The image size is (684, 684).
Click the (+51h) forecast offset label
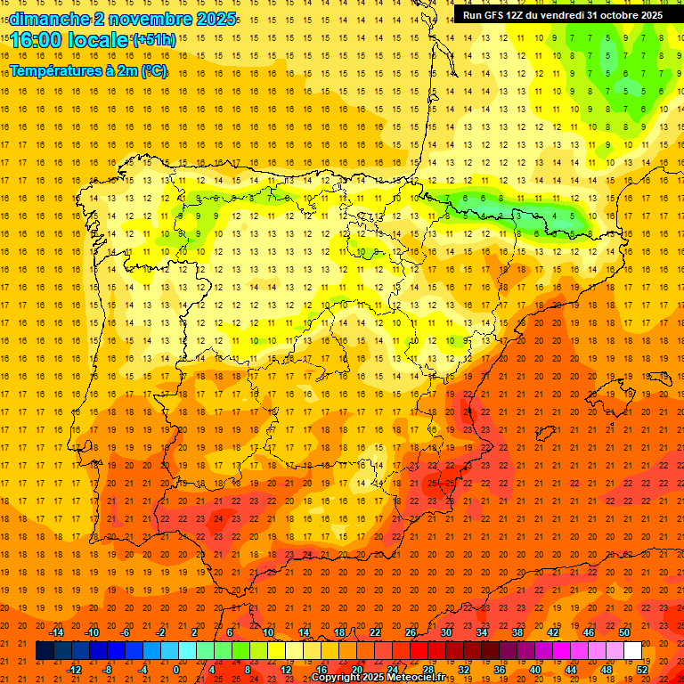coord(153,40)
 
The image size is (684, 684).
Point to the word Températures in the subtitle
coord(55,71)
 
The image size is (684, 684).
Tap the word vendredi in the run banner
coord(560,15)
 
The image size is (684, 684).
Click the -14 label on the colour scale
coord(56,632)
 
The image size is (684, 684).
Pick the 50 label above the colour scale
coord(623,632)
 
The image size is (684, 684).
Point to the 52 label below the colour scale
coord(642,669)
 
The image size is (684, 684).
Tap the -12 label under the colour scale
coord(74,669)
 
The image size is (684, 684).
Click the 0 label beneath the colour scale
coord(178,669)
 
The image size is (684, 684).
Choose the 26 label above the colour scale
coord(411,632)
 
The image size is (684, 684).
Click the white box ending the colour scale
coord(632,651)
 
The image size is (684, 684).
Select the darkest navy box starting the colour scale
coord(45,651)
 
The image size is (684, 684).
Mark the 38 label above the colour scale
coord(517,632)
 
